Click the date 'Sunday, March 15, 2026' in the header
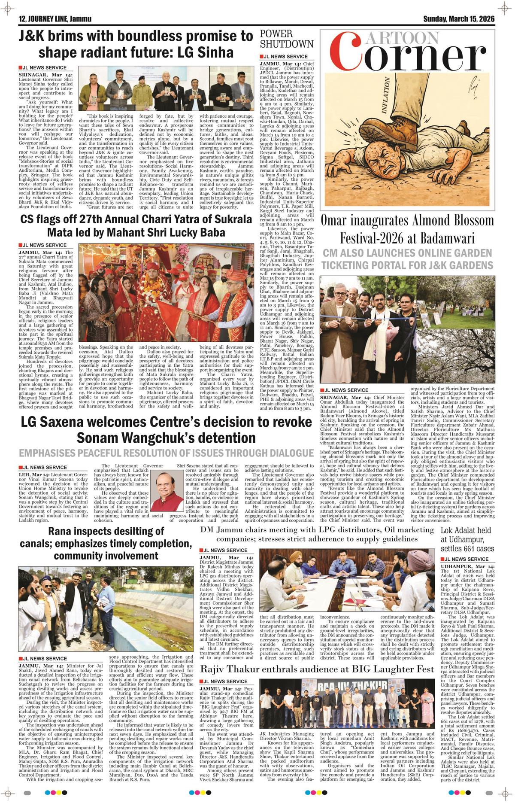tap(459, 19)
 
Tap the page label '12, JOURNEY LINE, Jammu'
tap(52, 19)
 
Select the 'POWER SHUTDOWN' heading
tap(287, 39)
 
